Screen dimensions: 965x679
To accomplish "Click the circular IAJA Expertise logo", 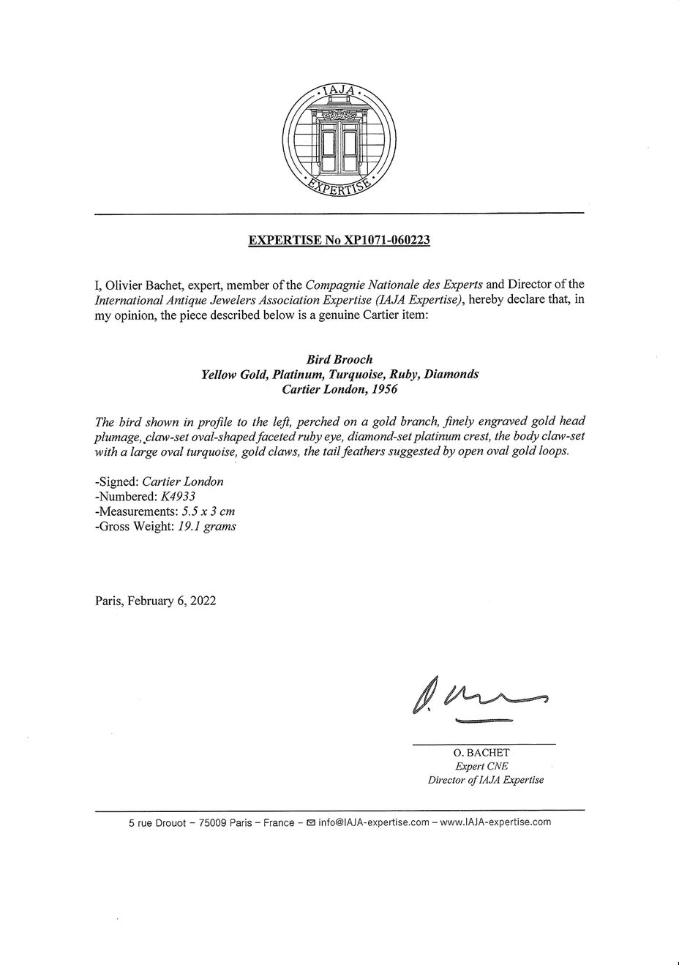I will click(x=339, y=140).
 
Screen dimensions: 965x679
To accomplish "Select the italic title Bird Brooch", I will click(x=339, y=359).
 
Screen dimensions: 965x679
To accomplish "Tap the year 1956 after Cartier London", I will click(x=383, y=389).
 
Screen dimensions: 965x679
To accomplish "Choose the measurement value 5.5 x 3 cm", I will click(x=208, y=511).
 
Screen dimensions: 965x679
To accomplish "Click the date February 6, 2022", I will click(x=171, y=601).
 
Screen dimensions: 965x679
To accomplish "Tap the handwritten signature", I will click(x=479, y=699).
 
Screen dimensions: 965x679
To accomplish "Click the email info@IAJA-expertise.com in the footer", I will click(x=373, y=822).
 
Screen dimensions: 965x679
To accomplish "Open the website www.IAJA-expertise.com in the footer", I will click(x=495, y=822).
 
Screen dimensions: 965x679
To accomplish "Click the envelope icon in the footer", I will click(x=311, y=822).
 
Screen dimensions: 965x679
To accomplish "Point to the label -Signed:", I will click(x=117, y=481).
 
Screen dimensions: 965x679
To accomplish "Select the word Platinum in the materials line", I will click(x=298, y=375).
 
